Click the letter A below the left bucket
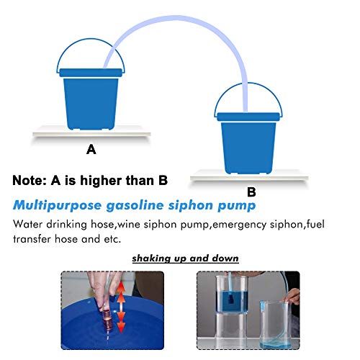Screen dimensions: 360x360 tap(91, 150)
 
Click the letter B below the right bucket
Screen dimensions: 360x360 tap(251, 192)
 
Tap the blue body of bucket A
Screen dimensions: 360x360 tap(90, 101)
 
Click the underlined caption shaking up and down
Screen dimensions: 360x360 tap(185, 258)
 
